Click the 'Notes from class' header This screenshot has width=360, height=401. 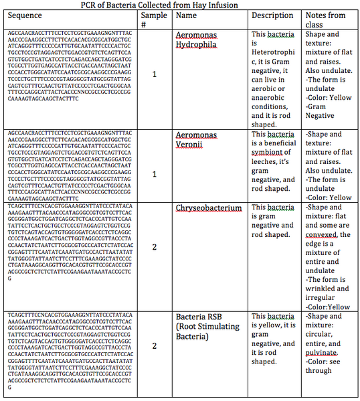(x=325, y=19)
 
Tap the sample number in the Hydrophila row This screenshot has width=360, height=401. (x=155, y=74)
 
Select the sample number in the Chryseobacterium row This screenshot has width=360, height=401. (x=155, y=247)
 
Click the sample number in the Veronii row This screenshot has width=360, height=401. (x=155, y=174)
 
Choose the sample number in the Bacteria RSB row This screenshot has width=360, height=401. (x=155, y=346)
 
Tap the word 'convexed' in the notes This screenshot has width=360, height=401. (x=324, y=235)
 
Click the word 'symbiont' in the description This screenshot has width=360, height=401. (x=270, y=153)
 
